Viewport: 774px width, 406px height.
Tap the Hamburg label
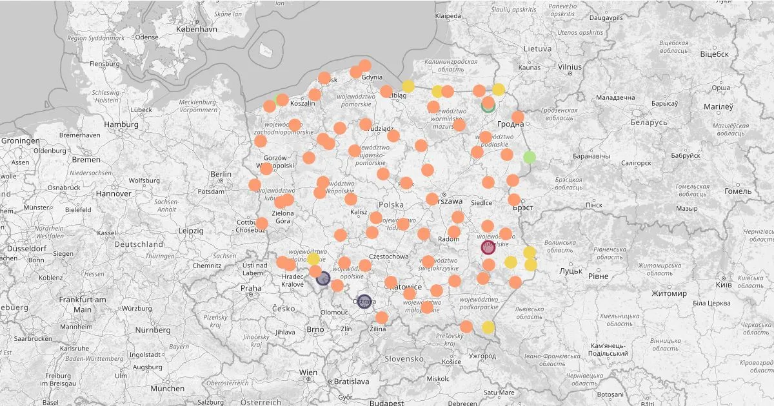point(121,124)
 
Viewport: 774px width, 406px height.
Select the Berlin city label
point(221,174)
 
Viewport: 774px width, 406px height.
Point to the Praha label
point(252,288)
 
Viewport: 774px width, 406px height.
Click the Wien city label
point(308,372)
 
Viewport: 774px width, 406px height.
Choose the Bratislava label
point(352,382)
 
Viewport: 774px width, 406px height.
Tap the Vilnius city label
point(570,66)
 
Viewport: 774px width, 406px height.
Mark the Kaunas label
point(529,68)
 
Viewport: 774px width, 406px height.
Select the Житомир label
point(668,293)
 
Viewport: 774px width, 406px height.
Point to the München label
point(167,389)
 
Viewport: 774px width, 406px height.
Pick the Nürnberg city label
point(153,330)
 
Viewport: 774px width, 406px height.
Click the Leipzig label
point(191,231)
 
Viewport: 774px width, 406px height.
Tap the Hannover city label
point(114,193)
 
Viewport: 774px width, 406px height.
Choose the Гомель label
point(737,191)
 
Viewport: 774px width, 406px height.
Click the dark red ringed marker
point(488,247)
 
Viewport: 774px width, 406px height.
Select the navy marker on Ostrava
point(364,301)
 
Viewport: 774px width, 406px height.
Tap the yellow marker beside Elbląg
point(408,86)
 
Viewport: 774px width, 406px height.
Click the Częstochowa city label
point(388,256)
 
